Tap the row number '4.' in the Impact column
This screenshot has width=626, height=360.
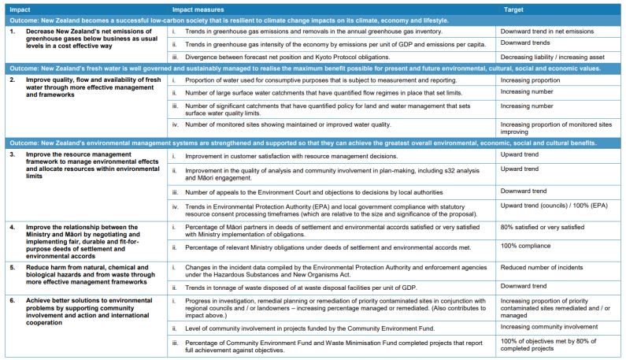12,227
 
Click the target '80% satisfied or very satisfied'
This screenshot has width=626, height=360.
542,227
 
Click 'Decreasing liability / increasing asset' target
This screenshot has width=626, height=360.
556,57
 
